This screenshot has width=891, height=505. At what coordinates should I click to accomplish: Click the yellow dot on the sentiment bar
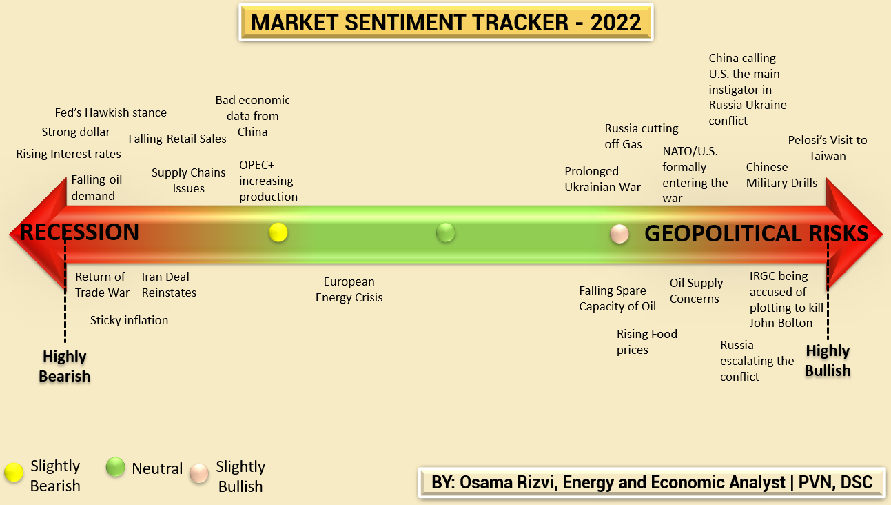coord(278,232)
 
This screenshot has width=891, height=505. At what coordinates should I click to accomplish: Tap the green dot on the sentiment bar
coord(446,233)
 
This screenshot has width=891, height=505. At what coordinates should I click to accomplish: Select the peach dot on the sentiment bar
coord(619,234)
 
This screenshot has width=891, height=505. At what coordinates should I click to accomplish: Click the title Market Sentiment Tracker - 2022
coord(446,22)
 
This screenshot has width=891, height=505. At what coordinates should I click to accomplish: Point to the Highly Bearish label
coord(65,366)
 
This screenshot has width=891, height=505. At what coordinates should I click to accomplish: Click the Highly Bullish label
coord(828,361)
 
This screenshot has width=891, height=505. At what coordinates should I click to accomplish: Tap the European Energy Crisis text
coord(349,290)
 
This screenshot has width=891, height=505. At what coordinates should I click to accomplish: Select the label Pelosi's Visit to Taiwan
coord(828,148)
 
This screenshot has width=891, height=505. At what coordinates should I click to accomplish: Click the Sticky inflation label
coord(129,320)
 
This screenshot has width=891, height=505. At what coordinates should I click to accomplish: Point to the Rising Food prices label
coord(646,341)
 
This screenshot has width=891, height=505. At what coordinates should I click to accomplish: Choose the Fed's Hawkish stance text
coord(110,112)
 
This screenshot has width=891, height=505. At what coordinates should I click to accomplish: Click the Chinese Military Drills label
coord(781,175)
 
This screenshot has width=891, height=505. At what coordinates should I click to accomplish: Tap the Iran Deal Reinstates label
coord(169,284)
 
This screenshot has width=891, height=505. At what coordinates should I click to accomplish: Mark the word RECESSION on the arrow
coord(79,232)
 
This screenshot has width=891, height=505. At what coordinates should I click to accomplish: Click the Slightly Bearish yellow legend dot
coord(12,471)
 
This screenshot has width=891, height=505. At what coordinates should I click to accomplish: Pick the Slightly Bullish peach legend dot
coord(199,473)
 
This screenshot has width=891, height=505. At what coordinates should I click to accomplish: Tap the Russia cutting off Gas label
coord(641,136)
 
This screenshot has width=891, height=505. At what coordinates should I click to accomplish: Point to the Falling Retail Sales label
coord(177,139)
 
